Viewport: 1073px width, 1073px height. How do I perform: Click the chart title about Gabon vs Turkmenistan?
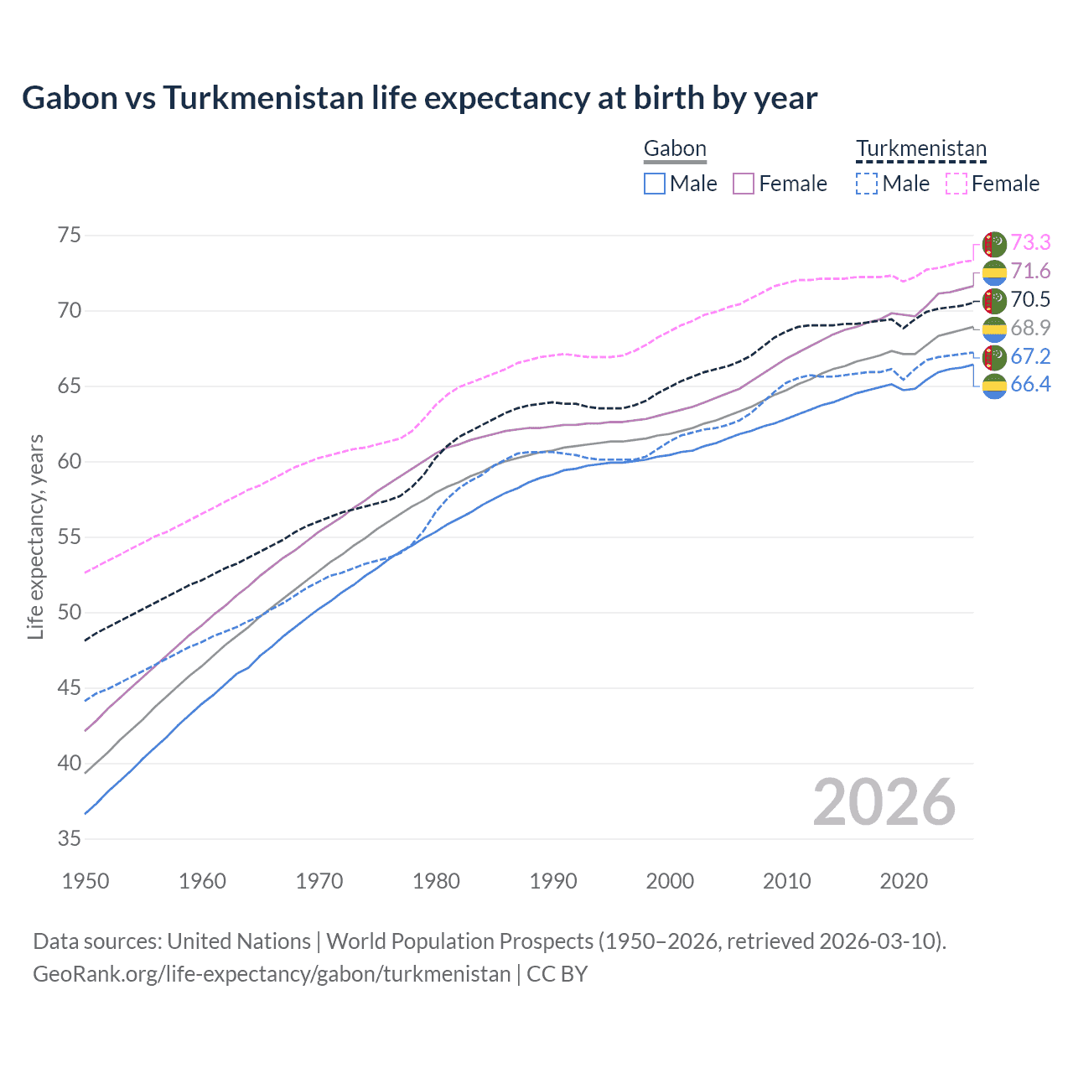(419, 98)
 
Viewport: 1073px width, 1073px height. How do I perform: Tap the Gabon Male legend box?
(655, 184)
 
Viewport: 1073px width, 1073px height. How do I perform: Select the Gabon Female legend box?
(744, 184)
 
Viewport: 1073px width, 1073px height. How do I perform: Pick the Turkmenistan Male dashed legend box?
(867, 184)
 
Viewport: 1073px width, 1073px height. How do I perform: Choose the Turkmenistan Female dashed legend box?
(956, 184)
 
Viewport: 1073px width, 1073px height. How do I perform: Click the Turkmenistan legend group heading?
(920, 149)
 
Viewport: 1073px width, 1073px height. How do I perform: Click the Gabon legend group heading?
(675, 149)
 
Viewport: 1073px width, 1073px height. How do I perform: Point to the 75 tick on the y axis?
(70, 236)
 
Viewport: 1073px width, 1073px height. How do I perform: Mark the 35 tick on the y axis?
(70, 838)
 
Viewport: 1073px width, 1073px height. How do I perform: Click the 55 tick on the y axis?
(70, 537)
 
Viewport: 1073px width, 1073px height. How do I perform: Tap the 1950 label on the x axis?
(86, 881)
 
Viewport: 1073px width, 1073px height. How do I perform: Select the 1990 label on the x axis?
(553, 881)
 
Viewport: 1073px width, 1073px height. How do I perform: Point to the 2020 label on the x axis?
(904, 881)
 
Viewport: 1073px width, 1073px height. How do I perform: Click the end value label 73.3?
(1030, 243)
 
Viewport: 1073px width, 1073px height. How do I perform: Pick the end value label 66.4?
(1030, 385)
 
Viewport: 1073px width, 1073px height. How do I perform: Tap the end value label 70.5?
(1030, 300)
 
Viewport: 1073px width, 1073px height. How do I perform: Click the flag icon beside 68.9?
(994, 329)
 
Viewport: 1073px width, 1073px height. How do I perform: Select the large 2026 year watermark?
(884, 803)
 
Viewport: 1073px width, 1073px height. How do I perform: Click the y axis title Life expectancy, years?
(35, 536)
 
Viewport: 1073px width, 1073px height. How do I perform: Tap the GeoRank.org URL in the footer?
(272, 974)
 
